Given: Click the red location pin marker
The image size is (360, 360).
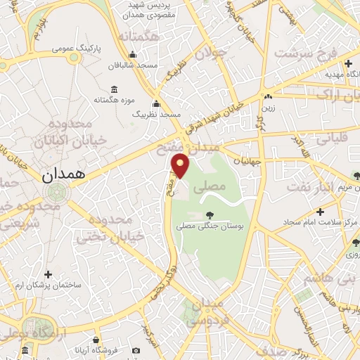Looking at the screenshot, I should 181,165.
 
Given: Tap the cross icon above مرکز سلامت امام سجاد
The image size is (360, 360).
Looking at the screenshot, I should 321,211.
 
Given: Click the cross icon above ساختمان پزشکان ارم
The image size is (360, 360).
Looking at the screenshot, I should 48,274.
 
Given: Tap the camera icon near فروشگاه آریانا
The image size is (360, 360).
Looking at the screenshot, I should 136,349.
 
